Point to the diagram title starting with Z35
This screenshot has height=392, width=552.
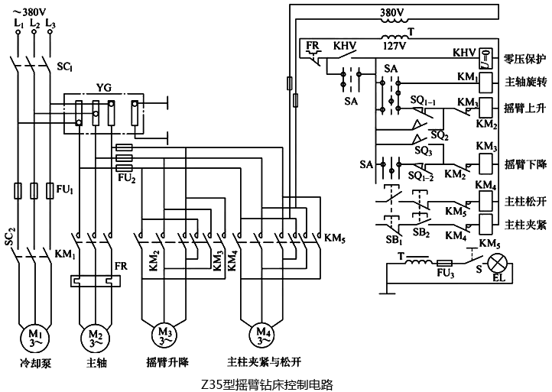(276, 384)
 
